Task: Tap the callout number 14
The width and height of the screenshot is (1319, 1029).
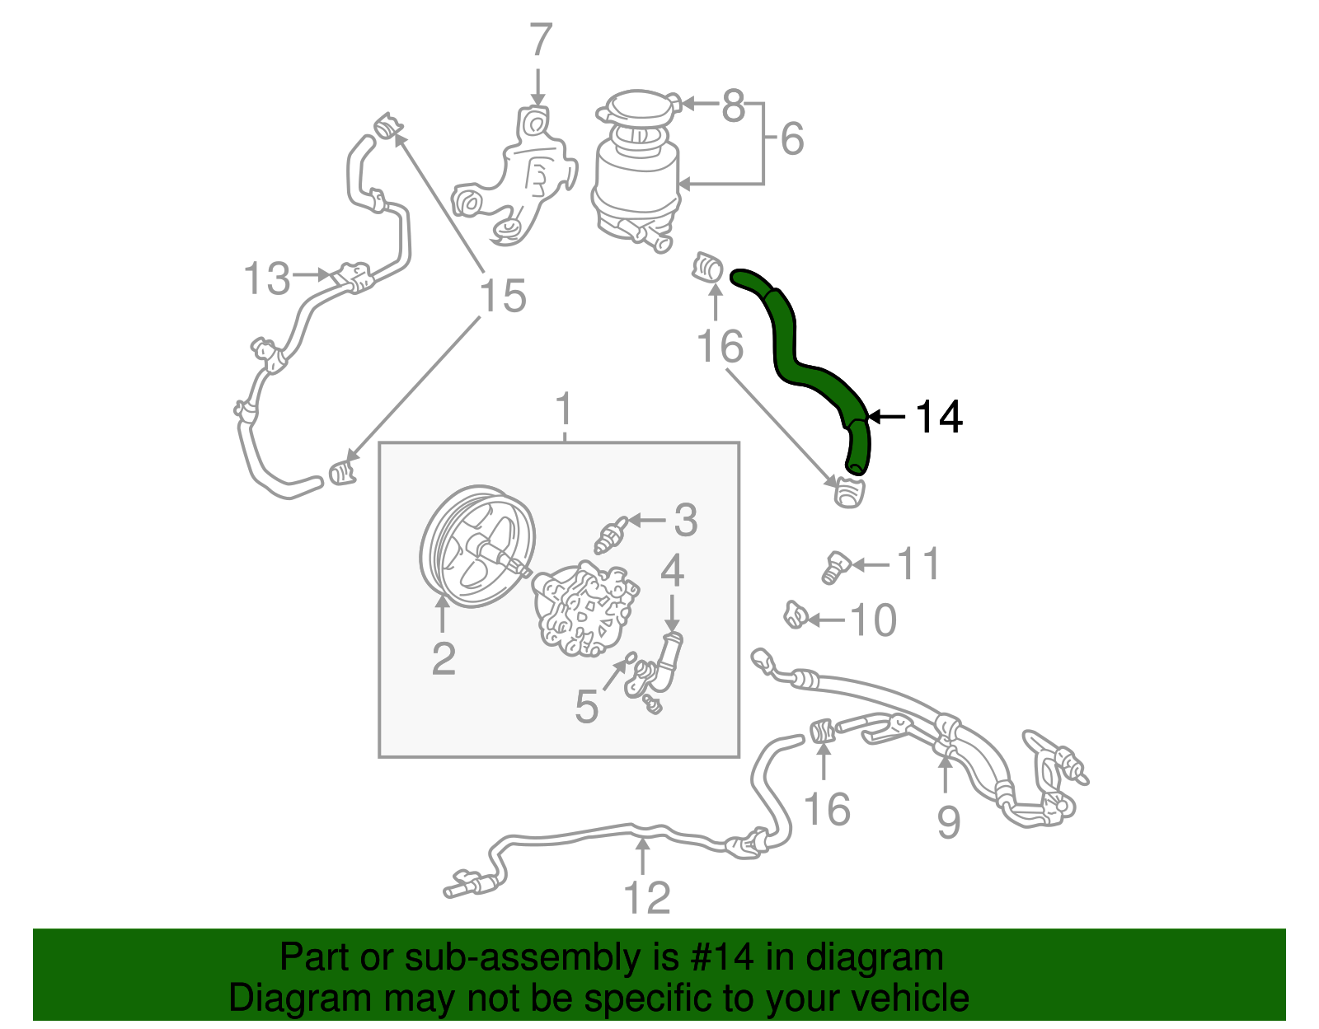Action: pos(938,418)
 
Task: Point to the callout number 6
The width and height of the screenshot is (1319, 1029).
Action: pos(791,138)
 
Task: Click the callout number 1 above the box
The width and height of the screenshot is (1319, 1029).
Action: pos(564,409)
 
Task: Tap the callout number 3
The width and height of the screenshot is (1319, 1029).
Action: pos(685,521)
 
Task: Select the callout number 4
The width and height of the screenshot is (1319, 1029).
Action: pos(672,570)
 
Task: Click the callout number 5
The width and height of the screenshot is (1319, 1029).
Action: pos(586,707)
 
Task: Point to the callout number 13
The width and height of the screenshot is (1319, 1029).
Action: pos(267,278)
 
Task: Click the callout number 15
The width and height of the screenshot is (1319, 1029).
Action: pos(502,296)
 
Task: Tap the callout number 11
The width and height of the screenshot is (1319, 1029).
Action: pos(918,564)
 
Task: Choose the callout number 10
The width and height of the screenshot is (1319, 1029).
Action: pos(873,620)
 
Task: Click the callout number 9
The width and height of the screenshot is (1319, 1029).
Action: pos(948,821)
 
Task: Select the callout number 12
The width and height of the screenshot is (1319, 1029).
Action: pos(647,898)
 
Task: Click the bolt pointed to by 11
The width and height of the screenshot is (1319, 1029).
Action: pos(835,568)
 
